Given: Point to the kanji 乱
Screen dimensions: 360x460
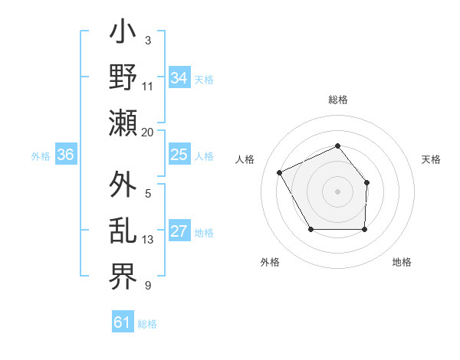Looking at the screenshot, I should coord(123,231).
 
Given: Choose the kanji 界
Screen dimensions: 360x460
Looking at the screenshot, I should coord(123,274).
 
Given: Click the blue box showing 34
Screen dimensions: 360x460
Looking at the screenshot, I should coord(179,78).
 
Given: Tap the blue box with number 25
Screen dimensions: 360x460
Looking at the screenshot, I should coord(179,155).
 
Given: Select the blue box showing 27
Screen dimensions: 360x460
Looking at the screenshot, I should coord(179,231).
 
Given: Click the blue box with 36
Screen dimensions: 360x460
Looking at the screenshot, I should coord(65,155).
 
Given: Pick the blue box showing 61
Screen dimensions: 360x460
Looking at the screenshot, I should coord(122,322).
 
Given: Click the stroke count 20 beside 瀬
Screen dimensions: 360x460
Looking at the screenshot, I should coord(148,133).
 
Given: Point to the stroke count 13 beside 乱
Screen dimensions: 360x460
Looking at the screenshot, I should coord(148,240).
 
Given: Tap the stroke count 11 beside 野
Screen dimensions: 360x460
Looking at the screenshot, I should coord(148,87).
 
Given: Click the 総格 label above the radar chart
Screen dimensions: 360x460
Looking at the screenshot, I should coord(337,100).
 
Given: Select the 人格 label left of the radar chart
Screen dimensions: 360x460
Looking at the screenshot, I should coord(245,159).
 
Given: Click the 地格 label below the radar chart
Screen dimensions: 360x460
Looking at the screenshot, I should coord(402,262).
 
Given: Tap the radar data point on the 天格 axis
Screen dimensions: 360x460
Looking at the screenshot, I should coord(366,182).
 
